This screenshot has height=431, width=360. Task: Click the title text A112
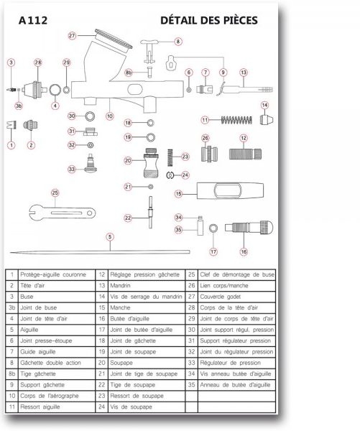tap(33, 21)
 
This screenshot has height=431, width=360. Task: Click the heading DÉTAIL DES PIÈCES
tap(209, 20)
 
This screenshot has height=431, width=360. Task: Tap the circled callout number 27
tap(72, 36)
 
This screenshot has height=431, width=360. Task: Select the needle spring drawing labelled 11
tap(236, 120)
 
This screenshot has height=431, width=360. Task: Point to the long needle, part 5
tap(100, 252)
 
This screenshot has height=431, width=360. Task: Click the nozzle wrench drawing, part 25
tap(62, 213)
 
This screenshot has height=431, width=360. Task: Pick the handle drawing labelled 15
tap(230, 190)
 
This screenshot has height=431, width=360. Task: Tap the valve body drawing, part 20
tap(151, 163)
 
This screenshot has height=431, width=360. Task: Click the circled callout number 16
tap(244, 251)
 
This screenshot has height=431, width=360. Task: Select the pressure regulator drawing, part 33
tap(91, 164)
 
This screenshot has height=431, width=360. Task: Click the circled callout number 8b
tap(129, 73)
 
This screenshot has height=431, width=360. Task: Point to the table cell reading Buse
tap(27, 297)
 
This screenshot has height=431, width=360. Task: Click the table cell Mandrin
tap(120, 286)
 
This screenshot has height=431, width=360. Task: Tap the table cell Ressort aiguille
tap(40, 407)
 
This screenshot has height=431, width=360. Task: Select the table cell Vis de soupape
tap(131, 407)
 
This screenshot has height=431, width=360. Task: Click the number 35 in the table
tap(191, 385)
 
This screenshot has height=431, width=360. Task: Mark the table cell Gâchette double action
tap(50, 363)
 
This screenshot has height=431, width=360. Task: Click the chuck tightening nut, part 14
tap(267, 119)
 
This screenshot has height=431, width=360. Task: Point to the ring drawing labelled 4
tap(55, 90)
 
